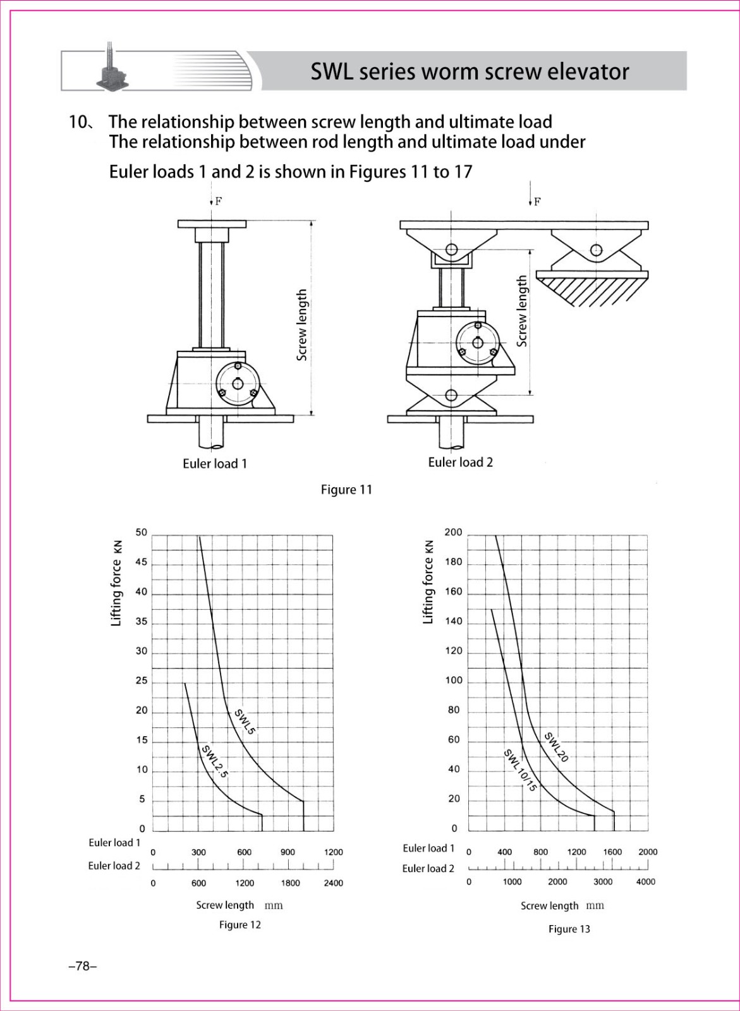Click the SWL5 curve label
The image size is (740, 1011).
[244, 722]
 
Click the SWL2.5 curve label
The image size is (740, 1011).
[214, 761]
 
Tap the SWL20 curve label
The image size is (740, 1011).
[557, 747]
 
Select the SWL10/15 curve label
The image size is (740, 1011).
[520, 770]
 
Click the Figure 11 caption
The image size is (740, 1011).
[346, 490]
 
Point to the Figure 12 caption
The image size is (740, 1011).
[240, 924]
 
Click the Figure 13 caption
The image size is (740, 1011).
[569, 929]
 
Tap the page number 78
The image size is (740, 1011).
[82, 967]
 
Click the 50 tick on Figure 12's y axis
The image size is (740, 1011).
[141, 533]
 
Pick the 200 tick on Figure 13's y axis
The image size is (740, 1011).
[453, 533]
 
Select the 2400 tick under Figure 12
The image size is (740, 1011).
[333, 883]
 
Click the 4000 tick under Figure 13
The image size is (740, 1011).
[645, 881]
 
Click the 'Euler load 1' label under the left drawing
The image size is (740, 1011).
[215, 464]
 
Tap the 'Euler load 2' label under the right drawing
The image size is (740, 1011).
[460, 463]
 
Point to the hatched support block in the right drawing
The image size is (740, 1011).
[591, 287]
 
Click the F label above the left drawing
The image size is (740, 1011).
[218, 202]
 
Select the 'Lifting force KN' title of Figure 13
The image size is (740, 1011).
[428, 582]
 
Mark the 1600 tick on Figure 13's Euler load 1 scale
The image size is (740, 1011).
[612, 852]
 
